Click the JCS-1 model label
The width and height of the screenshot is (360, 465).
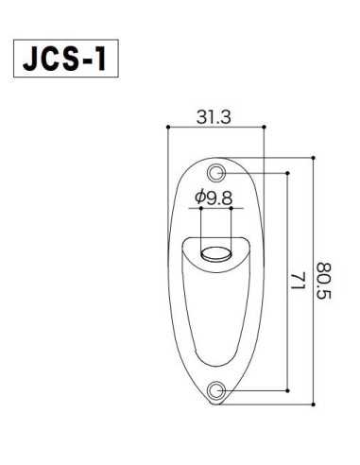point(65,59)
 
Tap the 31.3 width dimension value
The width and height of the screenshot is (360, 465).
point(214,117)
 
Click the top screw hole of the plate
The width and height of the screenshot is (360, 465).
point(218,173)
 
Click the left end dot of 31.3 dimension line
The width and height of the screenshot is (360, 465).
point(167,126)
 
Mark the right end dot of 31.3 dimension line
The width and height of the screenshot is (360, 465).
point(264,126)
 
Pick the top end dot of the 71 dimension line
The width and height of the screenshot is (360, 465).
point(286,173)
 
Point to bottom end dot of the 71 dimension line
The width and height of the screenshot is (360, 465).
point(286,389)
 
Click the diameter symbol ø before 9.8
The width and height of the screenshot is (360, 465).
point(199,198)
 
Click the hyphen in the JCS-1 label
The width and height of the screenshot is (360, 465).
point(88,60)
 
